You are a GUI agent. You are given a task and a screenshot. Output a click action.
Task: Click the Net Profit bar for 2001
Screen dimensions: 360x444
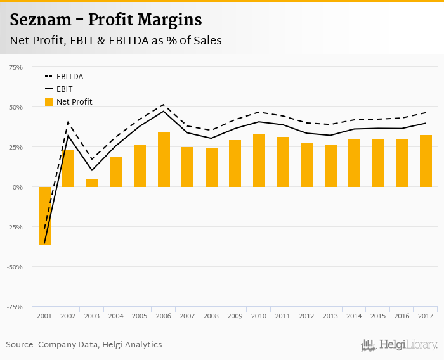(44, 215)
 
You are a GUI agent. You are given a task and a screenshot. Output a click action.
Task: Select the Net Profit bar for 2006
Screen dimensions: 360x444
(164, 160)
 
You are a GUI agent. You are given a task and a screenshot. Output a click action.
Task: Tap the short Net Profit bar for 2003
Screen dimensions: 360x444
(92, 183)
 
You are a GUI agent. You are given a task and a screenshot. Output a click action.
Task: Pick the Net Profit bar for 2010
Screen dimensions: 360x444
(259, 160)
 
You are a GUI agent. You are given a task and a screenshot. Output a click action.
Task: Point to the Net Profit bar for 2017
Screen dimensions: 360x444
(426, 161)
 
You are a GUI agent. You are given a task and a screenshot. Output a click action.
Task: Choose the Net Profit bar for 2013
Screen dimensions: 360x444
(330, 165)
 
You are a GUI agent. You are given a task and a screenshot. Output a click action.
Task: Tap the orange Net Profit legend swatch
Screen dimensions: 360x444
(49, 101)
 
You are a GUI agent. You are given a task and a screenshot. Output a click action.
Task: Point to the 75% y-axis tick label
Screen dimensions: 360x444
(15, 67)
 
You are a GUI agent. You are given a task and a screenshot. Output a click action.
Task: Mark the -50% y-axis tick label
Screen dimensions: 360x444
(15, 267)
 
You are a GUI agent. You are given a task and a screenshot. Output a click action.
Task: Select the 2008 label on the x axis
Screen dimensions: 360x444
(211, 316)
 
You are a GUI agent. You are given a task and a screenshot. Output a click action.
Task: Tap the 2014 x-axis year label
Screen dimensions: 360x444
(354, 316)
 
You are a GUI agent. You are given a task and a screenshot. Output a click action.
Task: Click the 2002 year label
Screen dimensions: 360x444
(69, 316)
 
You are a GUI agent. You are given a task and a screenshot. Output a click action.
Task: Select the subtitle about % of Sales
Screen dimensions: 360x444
(115, 41)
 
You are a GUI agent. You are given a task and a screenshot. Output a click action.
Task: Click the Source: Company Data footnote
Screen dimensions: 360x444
(84, 345)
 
